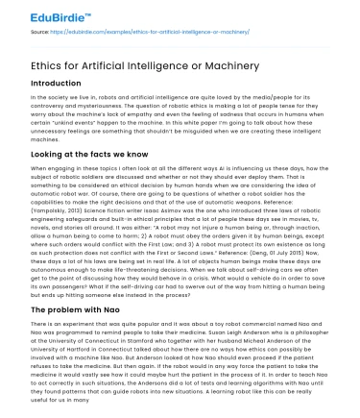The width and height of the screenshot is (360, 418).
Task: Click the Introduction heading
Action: [62, 85]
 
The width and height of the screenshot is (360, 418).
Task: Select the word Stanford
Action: [160, 345]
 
